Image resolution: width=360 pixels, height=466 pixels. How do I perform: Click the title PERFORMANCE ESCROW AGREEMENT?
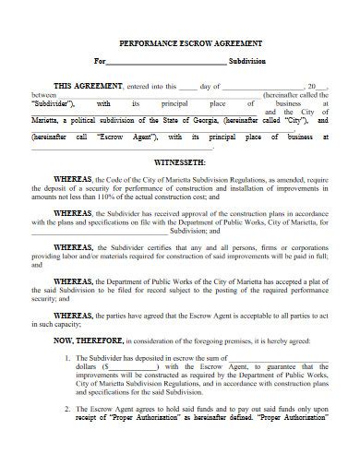pyautogui.click(x=179, y=42)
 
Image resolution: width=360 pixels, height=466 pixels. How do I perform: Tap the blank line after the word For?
pyautogui.click(x=166, y=63)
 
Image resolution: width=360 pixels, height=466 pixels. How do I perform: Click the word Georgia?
pyautogui.click(x=190, y=120)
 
